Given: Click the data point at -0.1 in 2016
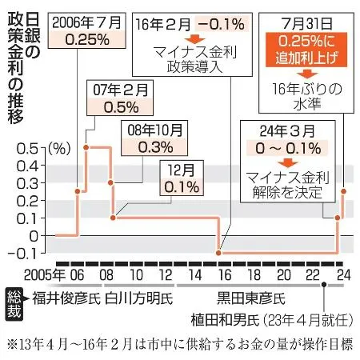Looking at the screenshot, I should [219, 253].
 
